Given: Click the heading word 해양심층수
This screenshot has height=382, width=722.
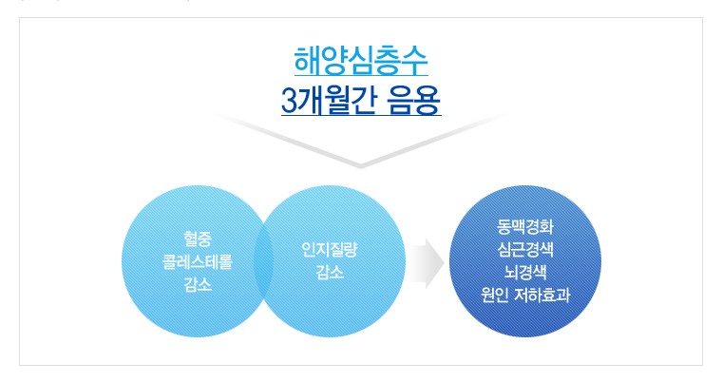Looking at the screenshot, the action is [x=361, y=61].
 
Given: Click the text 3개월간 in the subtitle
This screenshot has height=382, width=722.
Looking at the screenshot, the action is [x=329, y=100].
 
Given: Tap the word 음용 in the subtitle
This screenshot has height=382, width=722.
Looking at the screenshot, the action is [x=413, y=100].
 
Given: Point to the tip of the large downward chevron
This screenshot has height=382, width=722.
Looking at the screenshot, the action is [x=361, y=167].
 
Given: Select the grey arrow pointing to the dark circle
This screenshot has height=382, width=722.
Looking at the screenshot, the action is [x=427, y=263].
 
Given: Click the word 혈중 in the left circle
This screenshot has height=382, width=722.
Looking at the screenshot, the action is [x=198, y=239].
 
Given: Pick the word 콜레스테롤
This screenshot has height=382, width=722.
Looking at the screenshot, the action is [x=198, y=261].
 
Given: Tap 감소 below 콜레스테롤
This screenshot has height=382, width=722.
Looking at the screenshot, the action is [x=198, y=284].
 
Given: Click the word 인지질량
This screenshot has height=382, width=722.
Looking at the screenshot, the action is [x=330, y=250].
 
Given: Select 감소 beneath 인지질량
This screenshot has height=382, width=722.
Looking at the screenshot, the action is [x=330, y=273].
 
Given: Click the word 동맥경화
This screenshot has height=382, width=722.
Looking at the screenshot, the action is [x=525, y=227].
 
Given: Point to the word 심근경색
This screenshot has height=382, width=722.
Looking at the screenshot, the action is [x=525, y=249].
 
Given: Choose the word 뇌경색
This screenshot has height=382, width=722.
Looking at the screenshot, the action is [x=525, y=272].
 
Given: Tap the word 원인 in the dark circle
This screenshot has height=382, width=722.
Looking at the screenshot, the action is [x=495, y=295].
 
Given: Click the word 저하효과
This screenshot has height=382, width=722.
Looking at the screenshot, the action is [x=541, y=295].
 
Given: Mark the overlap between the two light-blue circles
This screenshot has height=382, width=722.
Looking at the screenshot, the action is [x=264, y=261].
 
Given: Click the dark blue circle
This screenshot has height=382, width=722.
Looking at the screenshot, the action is [x=525, y=261].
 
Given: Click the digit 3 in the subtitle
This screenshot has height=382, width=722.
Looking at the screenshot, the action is [x=288, y=101].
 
